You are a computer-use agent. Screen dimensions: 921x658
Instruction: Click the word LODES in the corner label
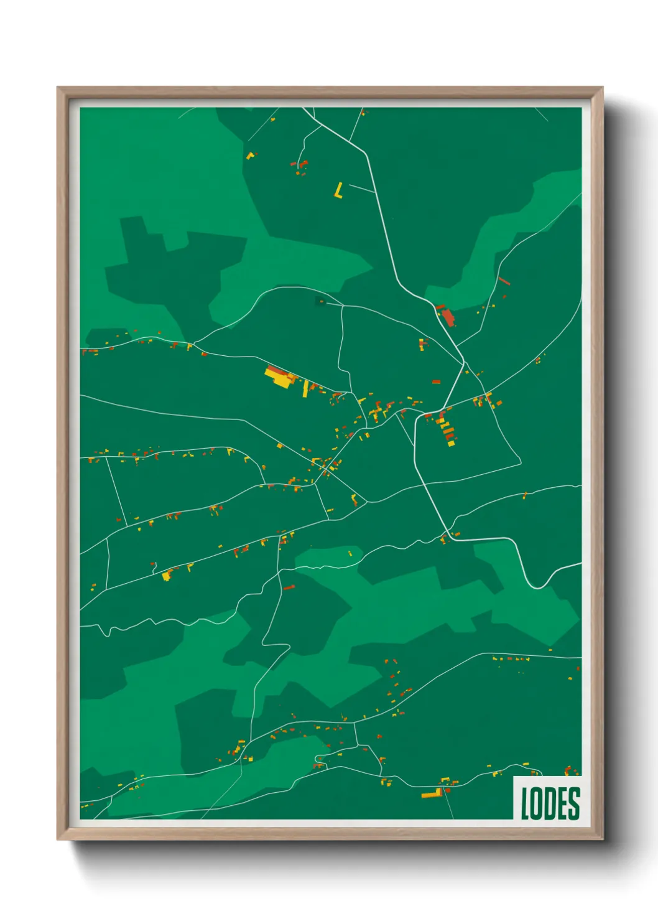(550, 803)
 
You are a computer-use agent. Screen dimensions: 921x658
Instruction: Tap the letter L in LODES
(525, 803)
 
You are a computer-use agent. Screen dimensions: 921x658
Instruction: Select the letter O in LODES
(537, 803)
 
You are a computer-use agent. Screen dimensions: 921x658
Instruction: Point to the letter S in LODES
(574, 803)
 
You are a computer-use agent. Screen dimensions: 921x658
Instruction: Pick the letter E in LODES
(562, 803)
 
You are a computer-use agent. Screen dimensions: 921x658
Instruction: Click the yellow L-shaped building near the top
(338, 190)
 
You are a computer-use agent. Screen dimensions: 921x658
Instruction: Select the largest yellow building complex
(279, 377)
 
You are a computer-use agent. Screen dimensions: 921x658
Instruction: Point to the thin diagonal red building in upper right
(504, 281)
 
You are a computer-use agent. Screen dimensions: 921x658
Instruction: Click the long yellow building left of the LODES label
(431, 794)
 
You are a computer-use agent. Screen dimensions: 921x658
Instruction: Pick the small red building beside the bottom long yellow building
(447, 790)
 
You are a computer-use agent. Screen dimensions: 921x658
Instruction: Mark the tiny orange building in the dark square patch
(321, 302)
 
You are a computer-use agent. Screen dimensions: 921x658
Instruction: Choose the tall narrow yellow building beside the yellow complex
(305, 388)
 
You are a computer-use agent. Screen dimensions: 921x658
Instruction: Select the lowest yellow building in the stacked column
(452, 444)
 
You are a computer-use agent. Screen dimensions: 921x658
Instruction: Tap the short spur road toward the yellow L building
(362, 188)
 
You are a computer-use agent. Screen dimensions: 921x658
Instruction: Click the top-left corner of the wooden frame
(58, 88)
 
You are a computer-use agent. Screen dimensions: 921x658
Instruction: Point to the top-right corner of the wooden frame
(603, 88)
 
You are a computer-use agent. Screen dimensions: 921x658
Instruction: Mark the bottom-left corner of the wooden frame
(58, 839)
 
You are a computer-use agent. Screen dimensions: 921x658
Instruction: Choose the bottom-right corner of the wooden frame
(603, 839)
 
